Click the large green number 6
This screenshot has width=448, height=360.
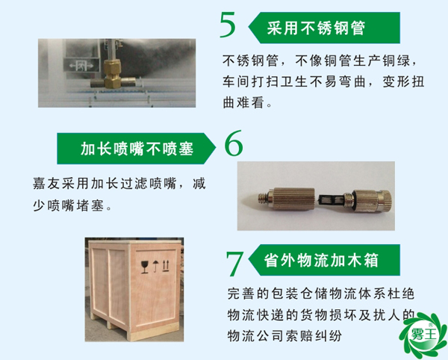(234, 145)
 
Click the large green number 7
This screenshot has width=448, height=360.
(234, 264)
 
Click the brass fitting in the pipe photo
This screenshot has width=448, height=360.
(114, 72)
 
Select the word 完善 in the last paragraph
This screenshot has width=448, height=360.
(240, 296)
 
